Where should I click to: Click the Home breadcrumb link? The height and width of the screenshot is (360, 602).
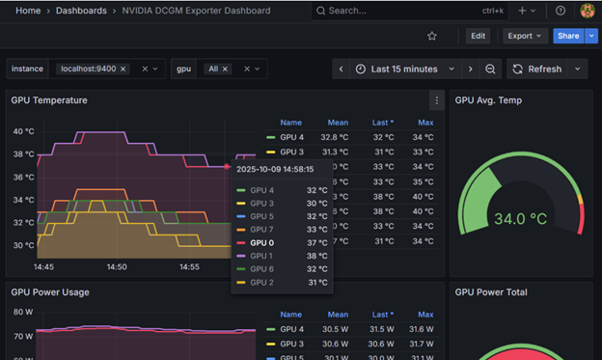(x=28, y=11)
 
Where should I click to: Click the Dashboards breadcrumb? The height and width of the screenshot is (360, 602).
(x=82, y=11)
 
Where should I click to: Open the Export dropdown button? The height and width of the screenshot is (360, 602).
(x=525, y=36)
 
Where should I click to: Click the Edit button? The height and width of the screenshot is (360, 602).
(x=478, y=36)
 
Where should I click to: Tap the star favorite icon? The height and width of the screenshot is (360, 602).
(x=432, y=36)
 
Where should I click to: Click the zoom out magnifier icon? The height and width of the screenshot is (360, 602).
(x=490, y=69)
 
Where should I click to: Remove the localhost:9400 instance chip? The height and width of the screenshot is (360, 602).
(x=123, y=69)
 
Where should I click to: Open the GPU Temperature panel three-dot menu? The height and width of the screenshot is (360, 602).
(x=436, y=100)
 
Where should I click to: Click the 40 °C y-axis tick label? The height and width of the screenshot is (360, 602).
(x=22, y=131)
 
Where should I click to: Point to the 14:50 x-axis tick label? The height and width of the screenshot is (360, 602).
(x=116, y=266)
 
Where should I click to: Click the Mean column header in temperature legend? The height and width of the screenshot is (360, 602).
(x=337, y=123)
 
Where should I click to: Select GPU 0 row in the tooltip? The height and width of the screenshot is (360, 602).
(x=262, y=242)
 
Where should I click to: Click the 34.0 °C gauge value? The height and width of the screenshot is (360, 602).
(x=520, y=219)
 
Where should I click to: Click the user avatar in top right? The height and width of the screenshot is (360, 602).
(x=588, y=11)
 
